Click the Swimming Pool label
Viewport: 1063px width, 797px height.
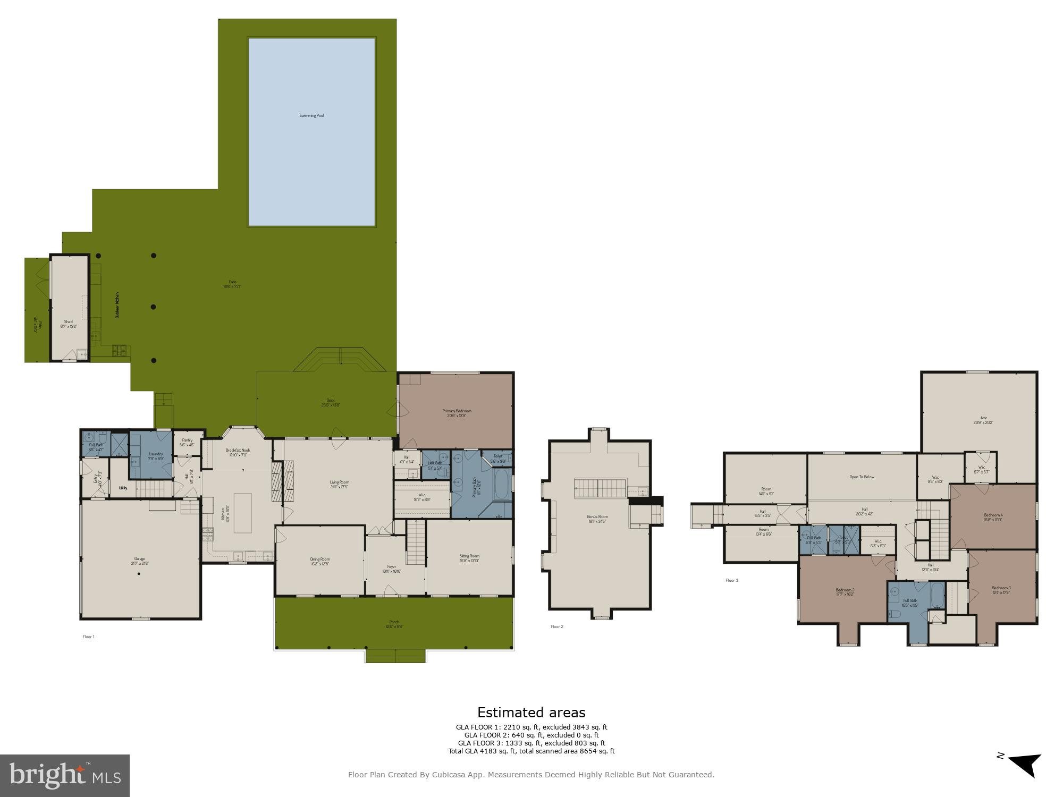tap(311, 115)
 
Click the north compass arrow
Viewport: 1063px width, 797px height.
tap(1024, 766)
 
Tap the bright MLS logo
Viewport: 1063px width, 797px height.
tap(64, 776)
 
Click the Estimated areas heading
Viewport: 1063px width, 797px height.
tap(531, 713)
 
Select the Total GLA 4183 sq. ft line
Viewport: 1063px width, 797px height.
tap(531, 751)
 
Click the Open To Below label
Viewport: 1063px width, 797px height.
tap(862, 477)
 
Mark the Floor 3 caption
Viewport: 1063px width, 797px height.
tap(732, 580)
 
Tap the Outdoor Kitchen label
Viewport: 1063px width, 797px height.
tap(117, 305)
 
